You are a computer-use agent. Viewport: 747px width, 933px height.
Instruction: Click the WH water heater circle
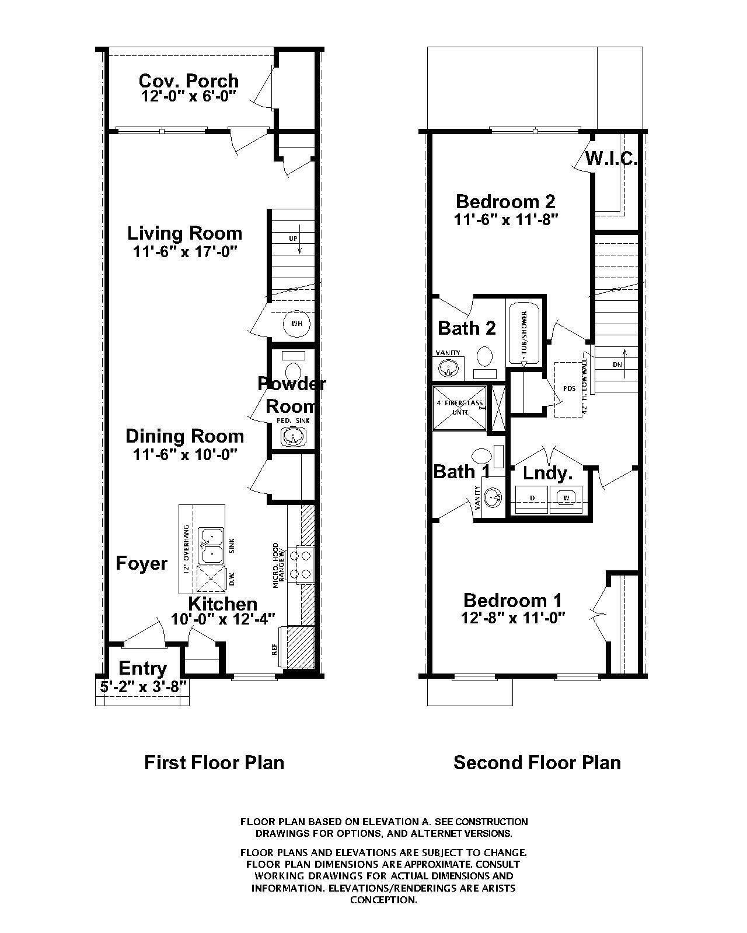(x=296, y=324)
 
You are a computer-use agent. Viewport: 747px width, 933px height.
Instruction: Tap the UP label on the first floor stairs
(x=293, y=239)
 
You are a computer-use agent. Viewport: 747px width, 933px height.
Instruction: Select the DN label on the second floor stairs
(x=617, y=364)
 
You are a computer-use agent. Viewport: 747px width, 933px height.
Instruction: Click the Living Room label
(x=184, y=233)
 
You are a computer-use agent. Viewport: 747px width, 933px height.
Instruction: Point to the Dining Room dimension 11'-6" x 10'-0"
(x=184, y=455)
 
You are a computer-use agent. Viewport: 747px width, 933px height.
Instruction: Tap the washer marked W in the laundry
(x=566, y=497)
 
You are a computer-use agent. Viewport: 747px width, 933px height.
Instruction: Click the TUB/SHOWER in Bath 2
(x=523, y=334)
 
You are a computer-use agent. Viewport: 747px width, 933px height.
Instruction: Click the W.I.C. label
(x=610, y=159)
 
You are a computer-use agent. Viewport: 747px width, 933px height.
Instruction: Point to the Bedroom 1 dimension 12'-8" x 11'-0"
(x=512, y=618)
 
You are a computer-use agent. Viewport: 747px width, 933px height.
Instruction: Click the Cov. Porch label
(x=189, y=80)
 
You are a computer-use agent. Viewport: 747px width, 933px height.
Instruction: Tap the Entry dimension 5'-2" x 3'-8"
(x=143, y=686)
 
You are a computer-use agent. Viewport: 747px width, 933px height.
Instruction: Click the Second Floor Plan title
(x=537, y=763)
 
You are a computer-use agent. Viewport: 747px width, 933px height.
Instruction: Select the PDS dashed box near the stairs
(x=570, y=388)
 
